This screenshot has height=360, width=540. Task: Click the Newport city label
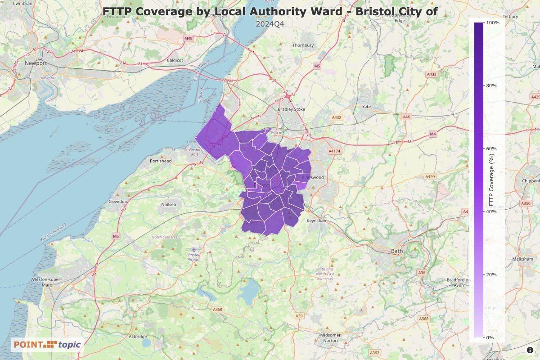(36, 63)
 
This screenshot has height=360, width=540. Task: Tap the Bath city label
(396, 251)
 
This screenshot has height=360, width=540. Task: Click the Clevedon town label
(118, 202)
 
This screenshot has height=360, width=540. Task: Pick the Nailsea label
(169, 204)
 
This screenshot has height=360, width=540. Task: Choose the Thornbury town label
(303, 45)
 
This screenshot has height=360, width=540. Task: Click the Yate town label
(366, 107)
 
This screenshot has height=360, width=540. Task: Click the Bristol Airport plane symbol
(194, 249)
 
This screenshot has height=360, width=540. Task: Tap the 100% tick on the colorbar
(493, 22)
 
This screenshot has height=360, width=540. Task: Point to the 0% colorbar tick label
(490, 337)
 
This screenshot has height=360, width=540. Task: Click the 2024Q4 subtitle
(270, 23)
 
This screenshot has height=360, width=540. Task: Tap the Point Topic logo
(47, 345)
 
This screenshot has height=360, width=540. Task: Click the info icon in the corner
(530, 350)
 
